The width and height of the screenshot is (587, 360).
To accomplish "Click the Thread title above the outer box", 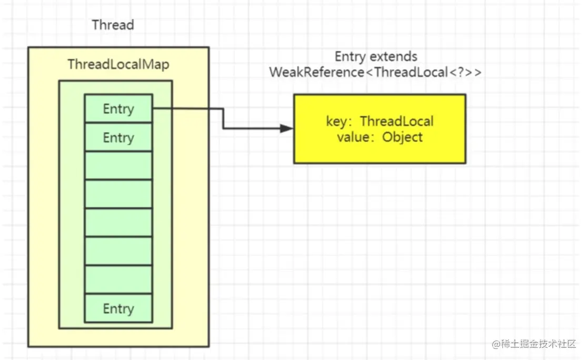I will click(113, 25).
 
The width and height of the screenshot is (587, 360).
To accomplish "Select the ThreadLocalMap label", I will click(118, 64).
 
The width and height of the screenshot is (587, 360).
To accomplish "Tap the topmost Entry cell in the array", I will click(118, 108).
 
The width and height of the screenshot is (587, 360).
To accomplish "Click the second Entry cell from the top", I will click(118, 137).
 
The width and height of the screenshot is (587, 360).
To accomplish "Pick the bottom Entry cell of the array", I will click(118, 308).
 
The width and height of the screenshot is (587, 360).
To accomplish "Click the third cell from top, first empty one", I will click(118, 166).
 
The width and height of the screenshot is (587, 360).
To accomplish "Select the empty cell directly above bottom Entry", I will click(118, 279).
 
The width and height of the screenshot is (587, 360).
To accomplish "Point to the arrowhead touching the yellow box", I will click(287, 128).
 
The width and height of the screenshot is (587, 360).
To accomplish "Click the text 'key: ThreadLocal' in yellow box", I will click(380, 122).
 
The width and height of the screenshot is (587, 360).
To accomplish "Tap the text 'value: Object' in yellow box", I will click(380, 137).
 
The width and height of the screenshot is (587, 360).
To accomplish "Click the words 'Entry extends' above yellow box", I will click(376, 56).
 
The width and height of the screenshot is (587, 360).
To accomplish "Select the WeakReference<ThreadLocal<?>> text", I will click(375, 72).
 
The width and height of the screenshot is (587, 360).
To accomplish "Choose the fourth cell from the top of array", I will click(118, 194).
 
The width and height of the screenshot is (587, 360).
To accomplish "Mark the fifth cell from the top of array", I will click(118, 223).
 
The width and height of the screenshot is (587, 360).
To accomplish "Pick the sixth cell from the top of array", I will click(118, 251).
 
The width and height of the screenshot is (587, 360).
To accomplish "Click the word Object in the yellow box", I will click(402, 137).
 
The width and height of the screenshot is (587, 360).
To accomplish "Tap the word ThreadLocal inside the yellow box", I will click(396, 122).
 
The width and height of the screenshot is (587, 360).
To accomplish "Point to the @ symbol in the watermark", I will click(496, 344).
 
